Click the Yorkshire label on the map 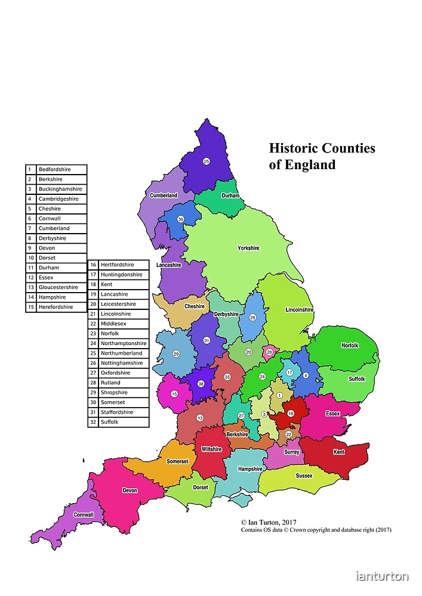[x=248, y=248]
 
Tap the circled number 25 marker [x=207, y=161]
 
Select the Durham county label [x=230, y=195]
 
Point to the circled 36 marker [x=181, y=219]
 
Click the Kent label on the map [x=339, y=452]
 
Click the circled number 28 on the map [x=269, y=352]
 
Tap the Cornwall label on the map [x=84, y=514]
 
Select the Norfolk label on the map [x=350, y=345]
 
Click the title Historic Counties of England [x=322, y=156]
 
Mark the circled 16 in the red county [x=291, y=414]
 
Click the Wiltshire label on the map [x=212, y=449]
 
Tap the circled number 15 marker [x=174, y=394]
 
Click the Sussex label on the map [x=304, y=476]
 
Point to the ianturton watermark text [x=382, y=576]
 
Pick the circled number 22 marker [x=288, y=434]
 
